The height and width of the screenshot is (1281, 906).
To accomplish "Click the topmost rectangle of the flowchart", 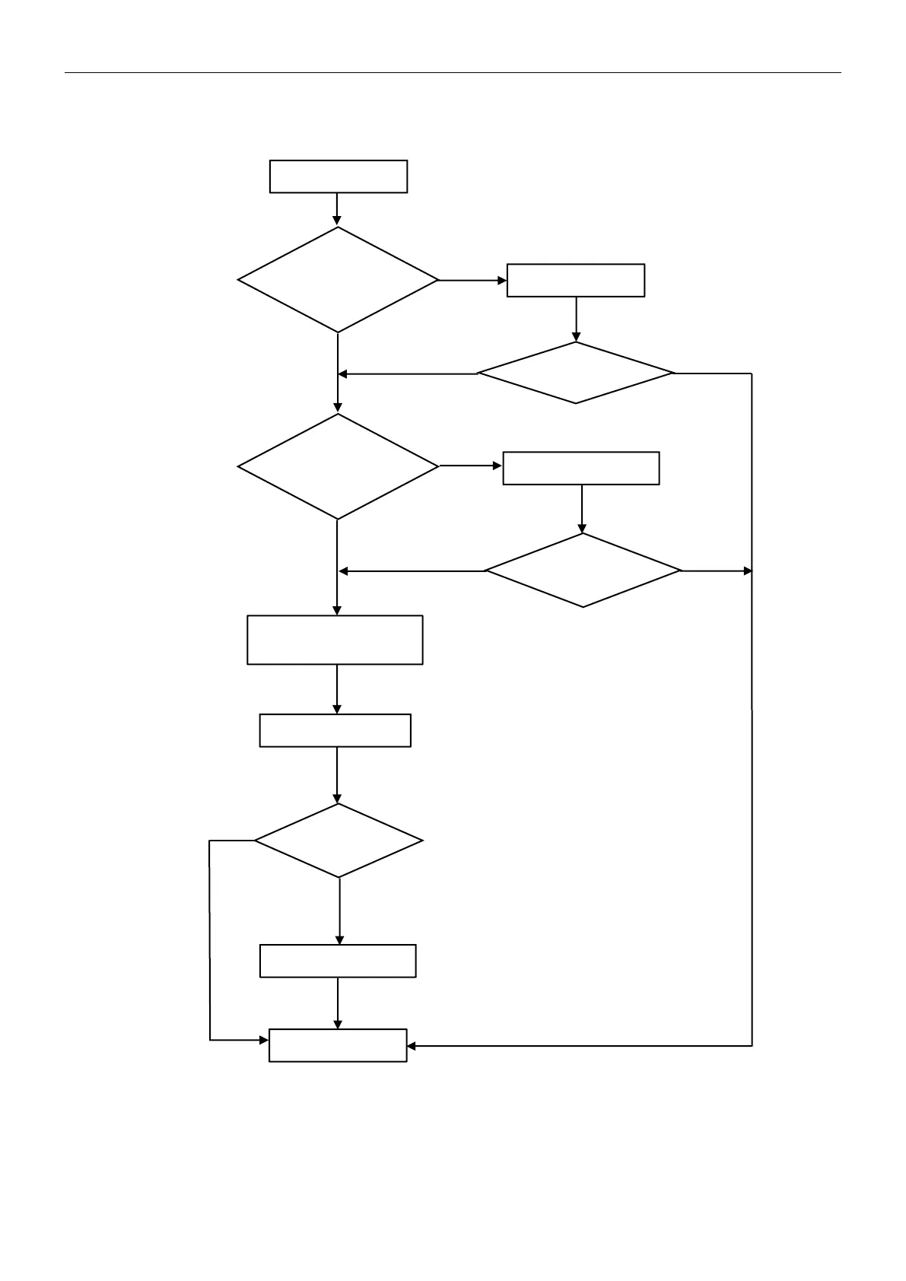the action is tap(339, 176).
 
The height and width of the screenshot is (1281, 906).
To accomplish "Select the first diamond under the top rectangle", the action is tap(339, 280).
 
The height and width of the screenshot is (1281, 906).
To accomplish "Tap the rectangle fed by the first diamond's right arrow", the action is tap(576, 280).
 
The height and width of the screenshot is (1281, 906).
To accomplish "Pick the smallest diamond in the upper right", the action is tap(576, 373).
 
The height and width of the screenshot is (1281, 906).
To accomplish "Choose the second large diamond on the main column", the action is tap(339, 466).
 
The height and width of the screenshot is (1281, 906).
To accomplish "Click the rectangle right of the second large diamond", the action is tap(581, 468).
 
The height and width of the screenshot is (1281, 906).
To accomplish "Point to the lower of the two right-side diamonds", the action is tap(583, 571).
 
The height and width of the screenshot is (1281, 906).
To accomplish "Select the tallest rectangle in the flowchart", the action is tap(335, 640).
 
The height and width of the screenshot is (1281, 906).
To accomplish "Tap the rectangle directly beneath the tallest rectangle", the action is tap(335, 730).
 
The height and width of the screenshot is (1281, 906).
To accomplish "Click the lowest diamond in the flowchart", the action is tap(339, 841).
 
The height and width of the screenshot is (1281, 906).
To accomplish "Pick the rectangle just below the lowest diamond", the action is tap(338, 961).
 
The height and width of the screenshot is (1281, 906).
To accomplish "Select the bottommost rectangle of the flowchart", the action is tap(338, 1045).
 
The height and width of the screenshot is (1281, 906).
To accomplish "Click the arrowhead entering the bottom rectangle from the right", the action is tap(412, 1046).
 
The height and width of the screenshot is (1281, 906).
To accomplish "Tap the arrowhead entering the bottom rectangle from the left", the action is tap(265, 1039).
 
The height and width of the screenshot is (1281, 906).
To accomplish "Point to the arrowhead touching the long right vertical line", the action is tap(748, 571).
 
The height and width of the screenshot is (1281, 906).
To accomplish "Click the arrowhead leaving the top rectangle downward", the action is tap(337, 221).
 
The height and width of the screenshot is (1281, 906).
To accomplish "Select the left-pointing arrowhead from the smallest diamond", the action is tap(343, 373).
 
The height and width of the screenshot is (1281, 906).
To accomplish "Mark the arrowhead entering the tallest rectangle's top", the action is tap(337, 611).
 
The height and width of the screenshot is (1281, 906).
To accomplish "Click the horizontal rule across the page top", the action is tap(453, 73).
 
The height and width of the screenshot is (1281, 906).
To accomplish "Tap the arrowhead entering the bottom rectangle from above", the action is tap(338, 1025).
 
